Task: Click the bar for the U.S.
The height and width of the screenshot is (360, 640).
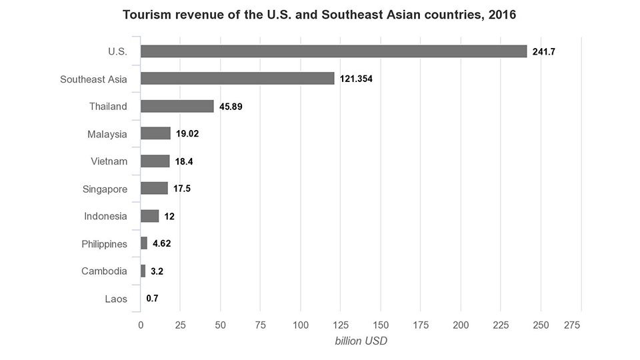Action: click(x=334, y=51)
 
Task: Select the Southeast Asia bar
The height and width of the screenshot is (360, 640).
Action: click(x=237, y=79)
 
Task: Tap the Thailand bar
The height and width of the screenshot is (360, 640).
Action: click(x=177, y=106)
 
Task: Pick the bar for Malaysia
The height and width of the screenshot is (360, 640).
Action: click(x=155, y=133)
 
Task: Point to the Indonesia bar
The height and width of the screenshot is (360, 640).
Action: click(x=150, y=216)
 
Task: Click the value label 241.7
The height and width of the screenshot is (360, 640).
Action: click(x=544, y=52)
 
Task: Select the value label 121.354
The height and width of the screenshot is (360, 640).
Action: click(x=356, y=79)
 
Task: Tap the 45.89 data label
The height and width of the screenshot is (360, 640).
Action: click(x=231, y=107)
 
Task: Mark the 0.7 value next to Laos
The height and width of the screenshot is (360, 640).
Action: click(x=152, y=299)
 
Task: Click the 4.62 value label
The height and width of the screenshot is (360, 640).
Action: click(x=161, y=244)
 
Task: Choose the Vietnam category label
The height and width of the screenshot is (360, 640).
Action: click(x=109, y=161)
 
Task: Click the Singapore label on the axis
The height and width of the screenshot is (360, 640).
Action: click(x=105, y=189)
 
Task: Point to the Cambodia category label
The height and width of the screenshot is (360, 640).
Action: click(x=104, y=271)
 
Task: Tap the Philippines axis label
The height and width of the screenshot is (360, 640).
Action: click(x=105, y=244)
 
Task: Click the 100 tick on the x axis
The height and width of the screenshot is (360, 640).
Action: click(x=301, y=325)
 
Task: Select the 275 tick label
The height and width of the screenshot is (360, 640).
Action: click(x=572, y=325)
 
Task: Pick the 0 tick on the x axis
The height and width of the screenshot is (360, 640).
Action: click(x=141, y=325)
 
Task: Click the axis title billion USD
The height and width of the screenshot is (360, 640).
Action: click(x=361, y=341)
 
